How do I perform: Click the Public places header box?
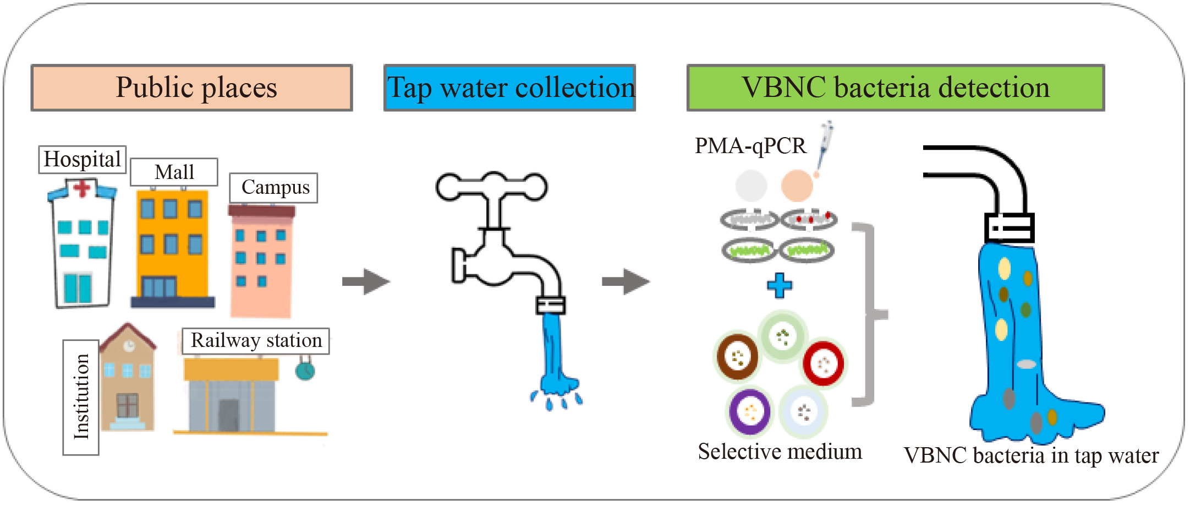[191, 88]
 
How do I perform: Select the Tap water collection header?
[509, 88]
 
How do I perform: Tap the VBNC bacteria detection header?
[895, 88]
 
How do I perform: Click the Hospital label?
[82, 159]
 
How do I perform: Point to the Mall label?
[174, 172]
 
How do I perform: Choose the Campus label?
[274, 188]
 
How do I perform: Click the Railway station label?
[256, 341]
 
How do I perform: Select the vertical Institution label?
[81, 397]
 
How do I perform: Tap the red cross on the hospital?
[82, 188]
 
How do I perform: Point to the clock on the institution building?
[129, 346]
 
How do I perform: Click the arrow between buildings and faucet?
[366, 282]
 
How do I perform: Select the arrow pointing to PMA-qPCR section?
[626, 282]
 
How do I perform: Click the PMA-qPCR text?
[750, 146]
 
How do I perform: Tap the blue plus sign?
[780, 285]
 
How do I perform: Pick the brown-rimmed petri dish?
[737, 357]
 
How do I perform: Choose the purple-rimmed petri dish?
[749, 411]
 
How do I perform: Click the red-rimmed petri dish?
[823, 363]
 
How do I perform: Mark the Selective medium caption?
[780, 452]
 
